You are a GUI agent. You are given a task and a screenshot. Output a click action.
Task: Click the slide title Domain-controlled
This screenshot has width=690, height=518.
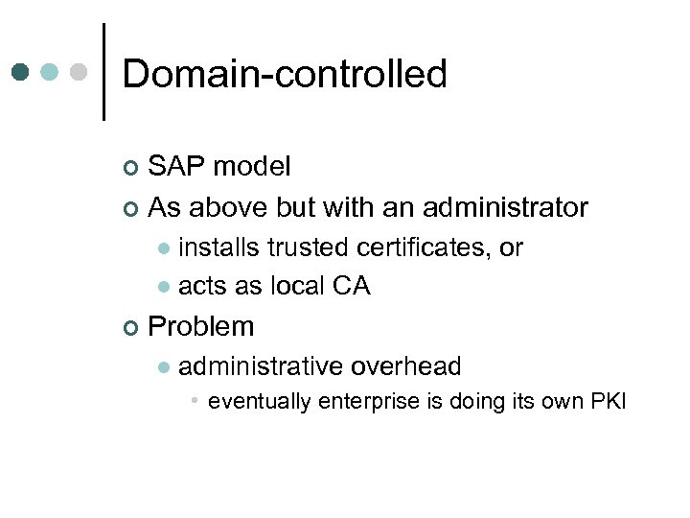pos(285,74)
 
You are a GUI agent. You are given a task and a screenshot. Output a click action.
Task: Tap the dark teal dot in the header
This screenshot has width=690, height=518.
pos(21,72)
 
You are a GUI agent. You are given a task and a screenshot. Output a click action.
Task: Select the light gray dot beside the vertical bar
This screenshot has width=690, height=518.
pos(80,72)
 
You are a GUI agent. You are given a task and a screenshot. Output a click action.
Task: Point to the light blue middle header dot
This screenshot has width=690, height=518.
pos(51,72)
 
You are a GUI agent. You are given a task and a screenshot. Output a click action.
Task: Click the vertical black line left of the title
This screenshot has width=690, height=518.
pos(103,72)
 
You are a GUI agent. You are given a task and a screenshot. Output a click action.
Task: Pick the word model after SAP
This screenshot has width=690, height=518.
pos(252,167)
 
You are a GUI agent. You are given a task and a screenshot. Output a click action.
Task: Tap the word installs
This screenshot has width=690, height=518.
pos(219,247)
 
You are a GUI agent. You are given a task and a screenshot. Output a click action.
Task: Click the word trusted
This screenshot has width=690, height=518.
pos(309,247)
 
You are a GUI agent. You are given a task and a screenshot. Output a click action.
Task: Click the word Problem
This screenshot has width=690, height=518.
pos(201,326)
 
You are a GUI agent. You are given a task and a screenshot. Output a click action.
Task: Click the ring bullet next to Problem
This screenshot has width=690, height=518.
pos(131,328)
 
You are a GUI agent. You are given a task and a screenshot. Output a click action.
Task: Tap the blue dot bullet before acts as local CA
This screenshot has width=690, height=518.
pos(164,287)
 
